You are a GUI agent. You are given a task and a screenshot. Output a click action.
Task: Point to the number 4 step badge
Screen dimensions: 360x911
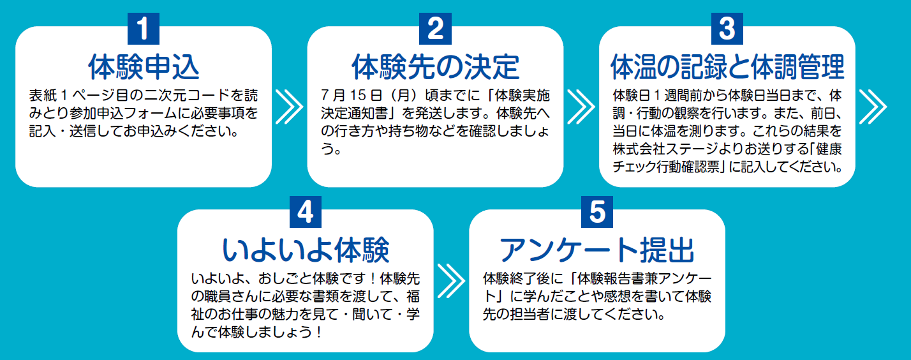(306, 212)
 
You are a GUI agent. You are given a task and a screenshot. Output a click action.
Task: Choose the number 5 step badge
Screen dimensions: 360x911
(597, 212)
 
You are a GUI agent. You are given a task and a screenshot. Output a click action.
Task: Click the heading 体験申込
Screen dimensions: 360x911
(144, 65)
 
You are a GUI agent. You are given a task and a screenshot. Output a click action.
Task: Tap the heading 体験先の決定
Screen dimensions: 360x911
(435, 65)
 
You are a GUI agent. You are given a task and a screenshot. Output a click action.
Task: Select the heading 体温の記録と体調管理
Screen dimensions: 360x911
(727, 65)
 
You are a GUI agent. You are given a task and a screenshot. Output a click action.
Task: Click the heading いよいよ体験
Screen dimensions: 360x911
(306, 250)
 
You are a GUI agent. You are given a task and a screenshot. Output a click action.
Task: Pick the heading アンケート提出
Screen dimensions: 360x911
(597, 250)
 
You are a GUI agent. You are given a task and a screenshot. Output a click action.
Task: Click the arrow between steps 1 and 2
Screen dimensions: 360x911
(289, 105)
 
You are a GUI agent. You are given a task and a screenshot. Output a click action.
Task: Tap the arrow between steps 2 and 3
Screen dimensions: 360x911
(581, 105)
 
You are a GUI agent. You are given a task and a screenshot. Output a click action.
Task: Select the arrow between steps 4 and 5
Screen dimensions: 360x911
(451, 279)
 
